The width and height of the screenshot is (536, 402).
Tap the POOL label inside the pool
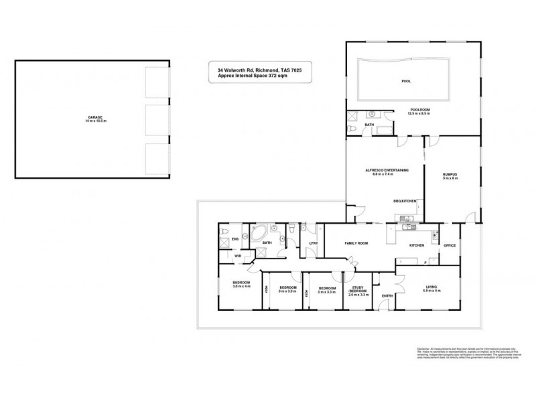tap(406, 81)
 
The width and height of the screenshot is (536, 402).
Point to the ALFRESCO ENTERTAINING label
tap(383, 172)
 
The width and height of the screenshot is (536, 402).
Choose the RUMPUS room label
tap(450, 176)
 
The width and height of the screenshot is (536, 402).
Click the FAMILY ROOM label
tap(356, 243)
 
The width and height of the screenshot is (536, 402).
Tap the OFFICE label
tap(450, 245)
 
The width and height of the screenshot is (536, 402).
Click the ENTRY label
tap(387, 295)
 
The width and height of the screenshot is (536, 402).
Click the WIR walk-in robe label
tap(237, 256)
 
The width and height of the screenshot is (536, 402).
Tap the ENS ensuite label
tap(235, 239)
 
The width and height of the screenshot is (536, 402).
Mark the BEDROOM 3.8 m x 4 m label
tap(241, 285)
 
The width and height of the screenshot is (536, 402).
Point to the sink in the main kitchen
tap(405, 228)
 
